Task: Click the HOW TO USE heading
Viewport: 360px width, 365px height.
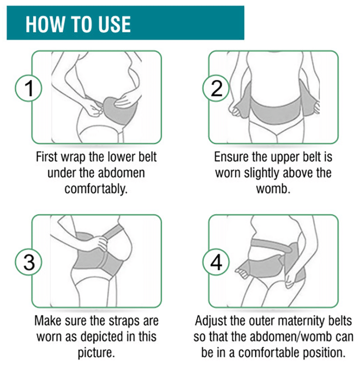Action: coord(78,24)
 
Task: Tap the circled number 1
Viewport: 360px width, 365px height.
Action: coord(29,88)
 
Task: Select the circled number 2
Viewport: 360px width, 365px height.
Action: coord(216,88)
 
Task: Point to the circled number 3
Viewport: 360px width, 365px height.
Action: coord(29,262)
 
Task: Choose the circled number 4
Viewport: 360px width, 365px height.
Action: coord(216,262)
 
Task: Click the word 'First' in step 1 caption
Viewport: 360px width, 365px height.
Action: coord(47,156)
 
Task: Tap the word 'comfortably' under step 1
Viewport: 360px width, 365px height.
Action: coord(96,189)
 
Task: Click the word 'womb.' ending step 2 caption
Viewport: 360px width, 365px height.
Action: coord(273,189)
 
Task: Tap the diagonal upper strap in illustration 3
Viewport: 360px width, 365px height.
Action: coord(112,233)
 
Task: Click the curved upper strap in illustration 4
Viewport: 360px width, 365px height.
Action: coord(271,246)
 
